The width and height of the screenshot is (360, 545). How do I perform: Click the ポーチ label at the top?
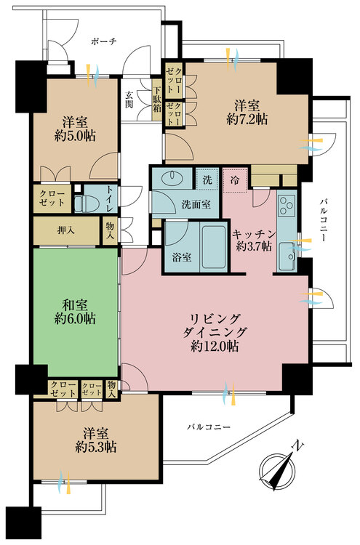click(104, 41)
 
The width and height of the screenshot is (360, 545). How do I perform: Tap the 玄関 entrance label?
click(129, 100)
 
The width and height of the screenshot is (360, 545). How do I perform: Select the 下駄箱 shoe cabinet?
click(157, 100)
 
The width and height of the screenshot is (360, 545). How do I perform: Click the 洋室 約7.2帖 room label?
click(247, 112)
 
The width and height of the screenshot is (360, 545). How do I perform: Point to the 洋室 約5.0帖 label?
click(75, 129)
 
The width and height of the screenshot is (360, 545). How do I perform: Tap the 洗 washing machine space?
click(207, 179)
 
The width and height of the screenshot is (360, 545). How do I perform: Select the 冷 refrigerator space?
click(235, 179)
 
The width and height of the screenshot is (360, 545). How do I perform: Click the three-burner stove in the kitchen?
click(287, 205)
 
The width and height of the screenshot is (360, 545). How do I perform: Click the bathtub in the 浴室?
click(214, 247)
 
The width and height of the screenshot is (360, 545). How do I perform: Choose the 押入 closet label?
click(66, 230)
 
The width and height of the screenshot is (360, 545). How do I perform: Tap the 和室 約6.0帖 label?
click(75, 312)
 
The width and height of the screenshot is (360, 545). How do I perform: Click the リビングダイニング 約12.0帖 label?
click(215, 332)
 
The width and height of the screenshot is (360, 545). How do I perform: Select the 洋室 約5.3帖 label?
click(96, 440)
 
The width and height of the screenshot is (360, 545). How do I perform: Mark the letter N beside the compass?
click(299, 445)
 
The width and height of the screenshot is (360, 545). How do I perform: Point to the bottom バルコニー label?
click(209, 427)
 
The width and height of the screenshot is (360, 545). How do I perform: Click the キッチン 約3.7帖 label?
click(254, 240)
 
